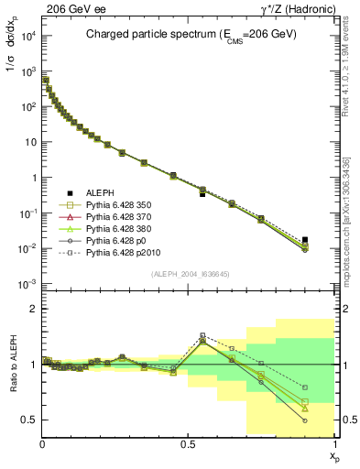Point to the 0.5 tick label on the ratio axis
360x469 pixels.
[29, 420]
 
